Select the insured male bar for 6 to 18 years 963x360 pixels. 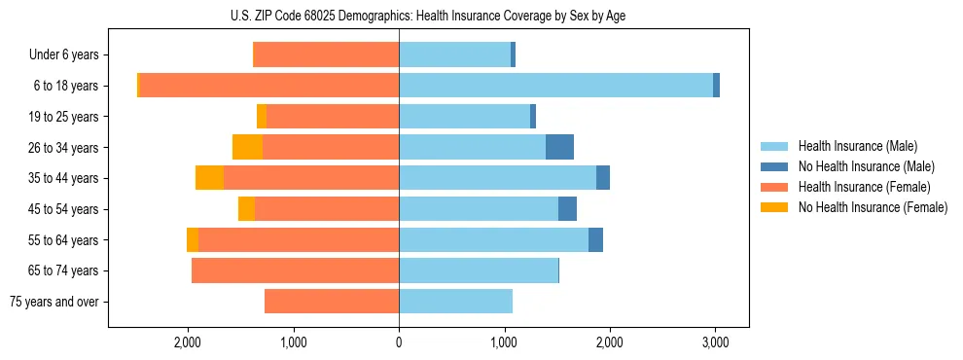click(555, 86)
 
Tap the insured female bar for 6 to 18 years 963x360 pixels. click(269, 86)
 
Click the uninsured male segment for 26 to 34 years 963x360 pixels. click(559, 147)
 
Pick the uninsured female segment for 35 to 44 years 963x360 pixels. click(209, 178)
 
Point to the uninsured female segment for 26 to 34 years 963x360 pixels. click(247, 147)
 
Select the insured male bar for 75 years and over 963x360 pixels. click(455, 302)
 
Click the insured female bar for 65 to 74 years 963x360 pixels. click(295, 270)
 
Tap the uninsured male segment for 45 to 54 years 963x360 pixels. click(567, 209)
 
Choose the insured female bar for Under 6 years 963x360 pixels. click(326, 54)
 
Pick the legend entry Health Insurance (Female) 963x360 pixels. click(856, 187)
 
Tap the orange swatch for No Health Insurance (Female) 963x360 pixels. click(774, 207)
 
